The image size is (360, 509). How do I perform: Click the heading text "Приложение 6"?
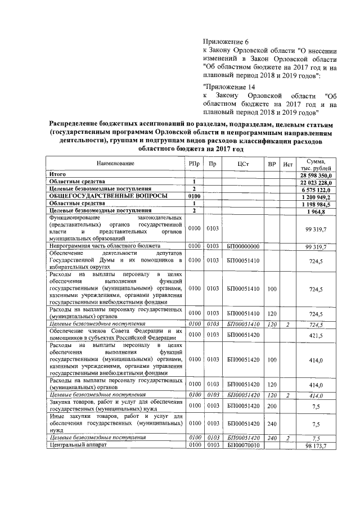click(x=224, y=42)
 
